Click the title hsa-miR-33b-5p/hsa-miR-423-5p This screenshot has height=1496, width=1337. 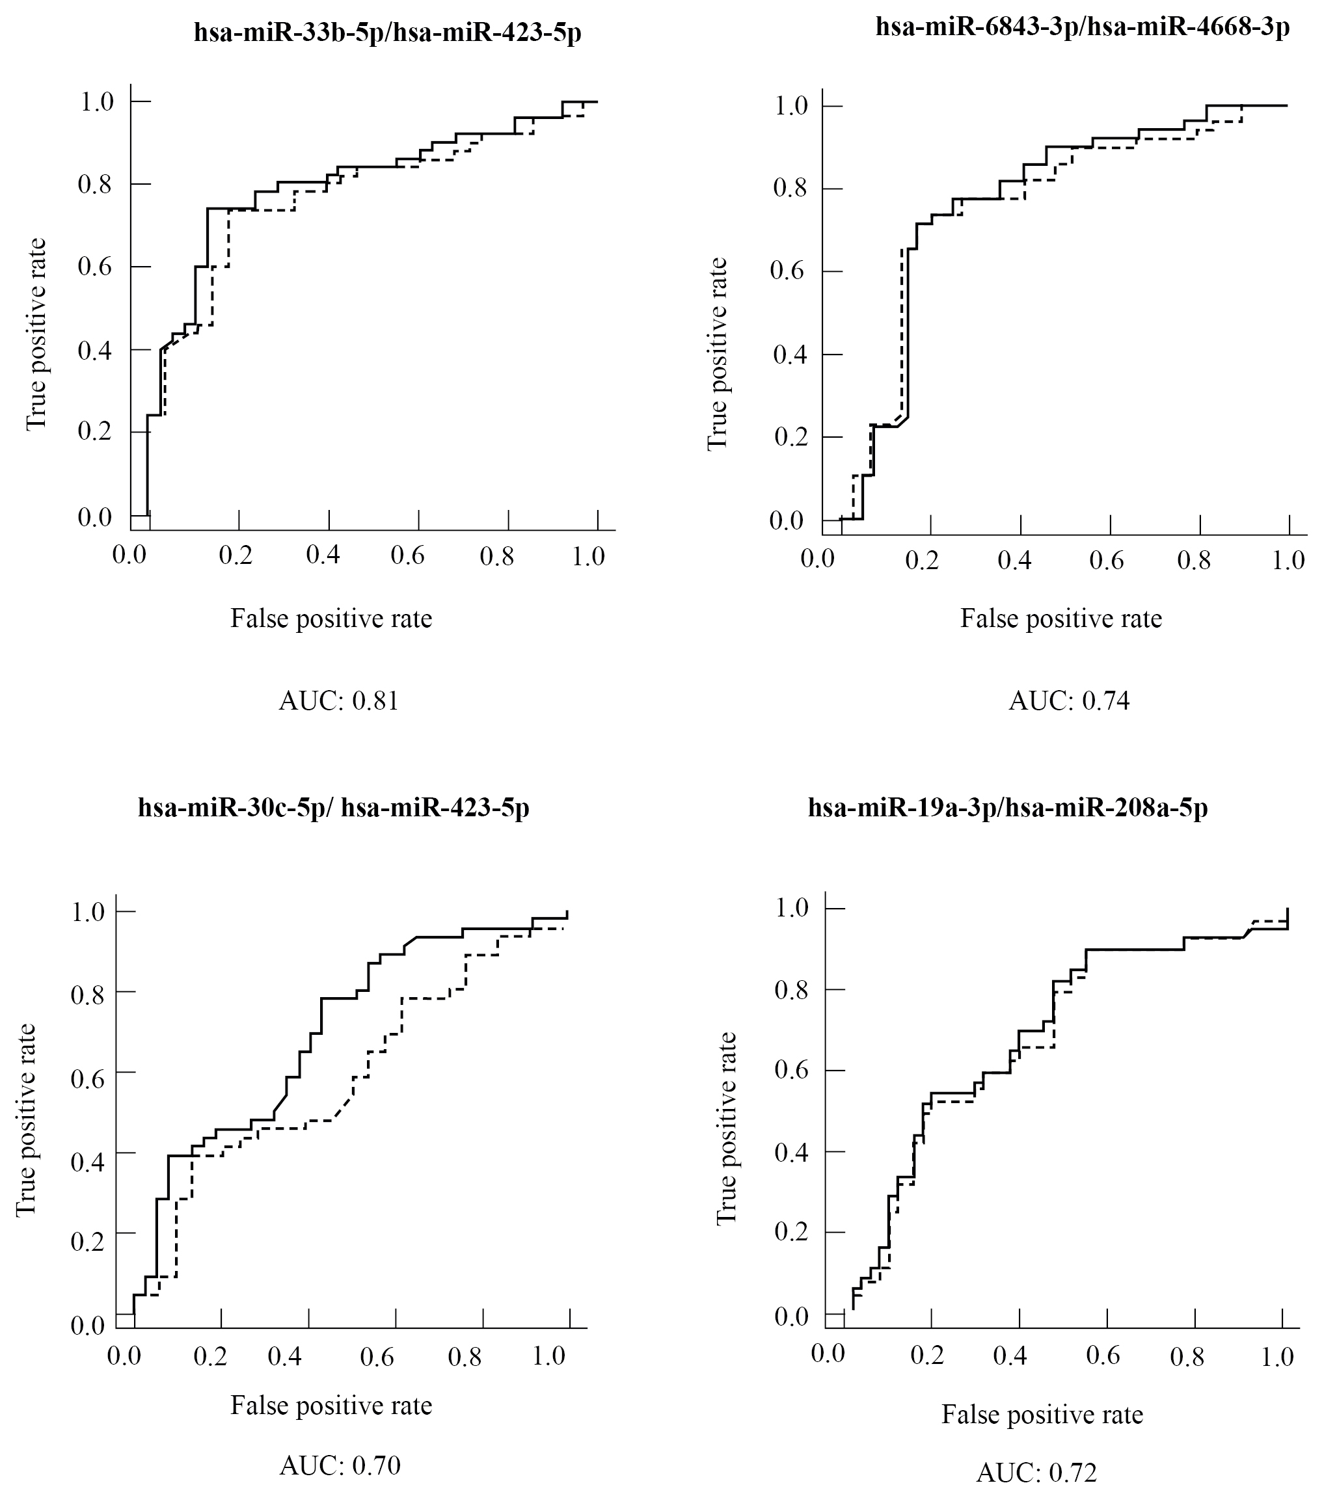tap(387, 33)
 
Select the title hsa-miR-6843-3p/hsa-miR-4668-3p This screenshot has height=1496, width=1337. tap(1082, 27)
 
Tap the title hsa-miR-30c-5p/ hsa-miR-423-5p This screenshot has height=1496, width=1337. tap(334, 808)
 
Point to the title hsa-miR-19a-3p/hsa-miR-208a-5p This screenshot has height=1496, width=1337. tap(1008, 808)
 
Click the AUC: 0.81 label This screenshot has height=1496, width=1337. tap(339, 701)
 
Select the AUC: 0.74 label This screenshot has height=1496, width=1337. tap(1069, 701)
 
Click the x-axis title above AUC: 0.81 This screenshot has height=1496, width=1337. tap(331, 619)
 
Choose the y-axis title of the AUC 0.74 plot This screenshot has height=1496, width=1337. tap(717, 354)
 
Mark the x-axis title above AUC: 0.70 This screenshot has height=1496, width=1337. tap(331, 1404)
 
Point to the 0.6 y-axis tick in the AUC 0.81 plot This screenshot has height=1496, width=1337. tap(95, 267)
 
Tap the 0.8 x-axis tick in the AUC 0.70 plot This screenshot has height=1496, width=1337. tap(465, 1355)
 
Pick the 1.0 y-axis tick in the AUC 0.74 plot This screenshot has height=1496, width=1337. tap(791, 106)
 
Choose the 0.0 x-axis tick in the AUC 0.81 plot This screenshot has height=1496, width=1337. tap(129, 555)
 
